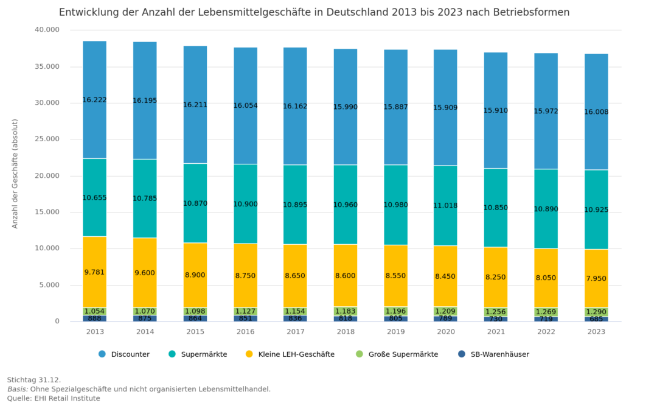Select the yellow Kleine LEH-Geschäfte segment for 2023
point(596,262)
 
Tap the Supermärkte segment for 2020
point(445,189)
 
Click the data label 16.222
point(94,100)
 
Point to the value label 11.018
point(445,206)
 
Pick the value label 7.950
point(596,279)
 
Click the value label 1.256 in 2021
point(496,312)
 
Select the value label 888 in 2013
point(94,318)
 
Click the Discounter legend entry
point(130,354)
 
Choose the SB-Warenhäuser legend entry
point(499,354)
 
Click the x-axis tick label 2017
point(295,332)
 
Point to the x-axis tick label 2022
point(546,332)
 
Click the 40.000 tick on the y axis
point(47,30)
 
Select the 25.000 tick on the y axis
point(47,139)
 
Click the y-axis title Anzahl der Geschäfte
point(15,174)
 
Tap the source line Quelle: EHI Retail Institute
point(54,398)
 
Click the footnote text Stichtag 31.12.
point(34,380)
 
